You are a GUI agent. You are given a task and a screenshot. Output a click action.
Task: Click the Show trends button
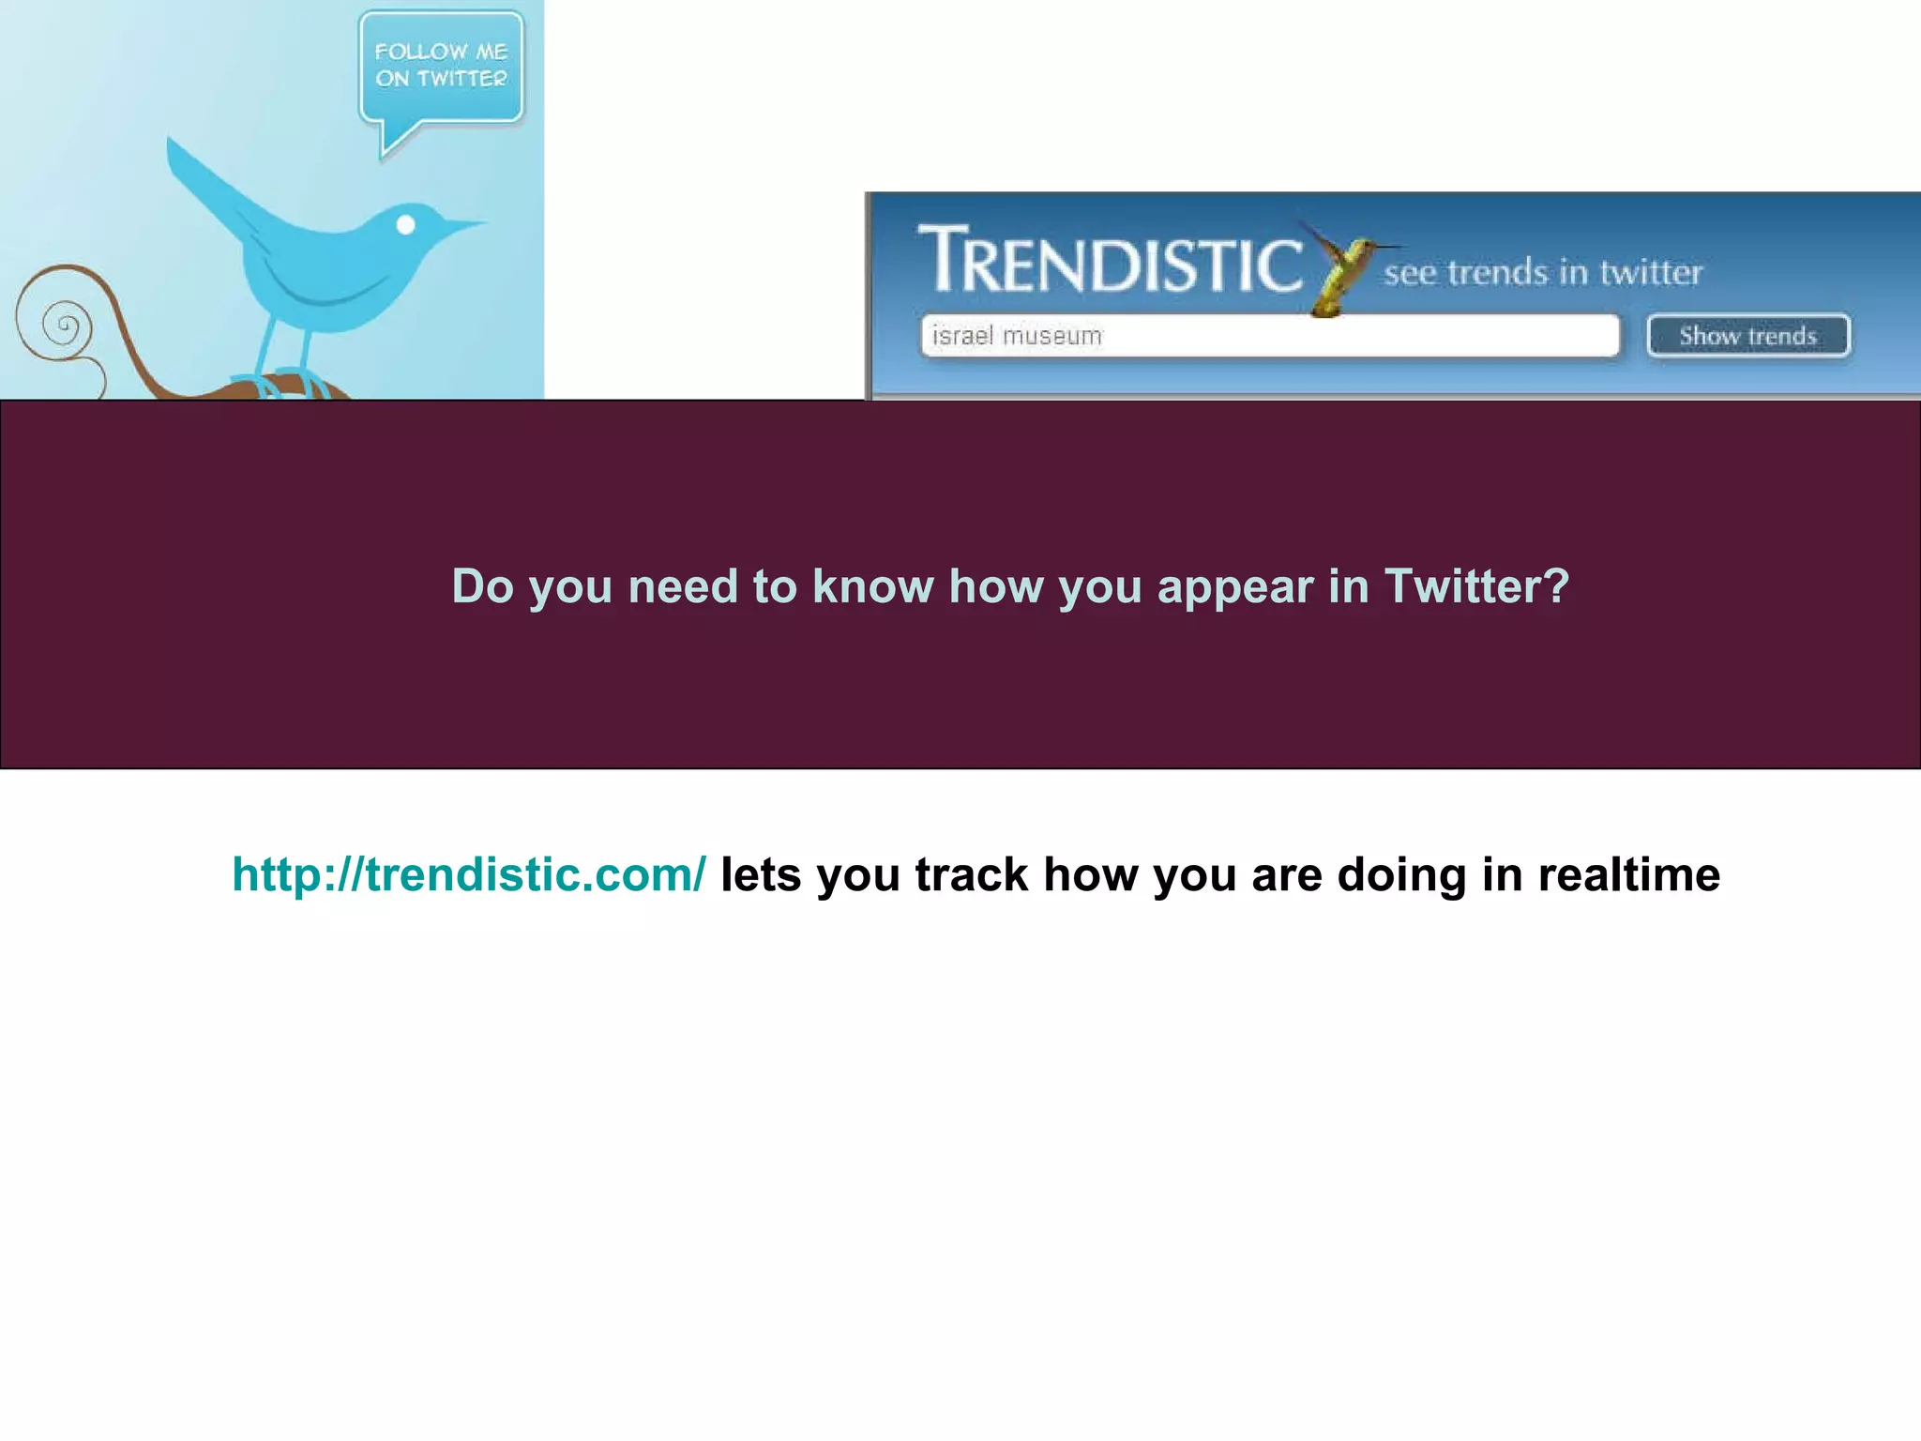1747,336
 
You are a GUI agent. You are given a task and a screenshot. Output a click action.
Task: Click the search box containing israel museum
1269,336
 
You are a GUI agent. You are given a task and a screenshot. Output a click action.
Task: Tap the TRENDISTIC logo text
1110,261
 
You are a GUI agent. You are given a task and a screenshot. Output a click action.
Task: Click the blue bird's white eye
406,224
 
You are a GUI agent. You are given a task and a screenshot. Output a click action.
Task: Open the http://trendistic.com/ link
469,874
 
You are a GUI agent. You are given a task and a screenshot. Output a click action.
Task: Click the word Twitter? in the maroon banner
1476,586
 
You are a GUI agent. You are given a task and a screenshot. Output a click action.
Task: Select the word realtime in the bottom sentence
1628,874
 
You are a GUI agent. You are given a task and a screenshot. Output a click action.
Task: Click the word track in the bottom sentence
971,874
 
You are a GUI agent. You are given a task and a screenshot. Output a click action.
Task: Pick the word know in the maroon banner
872,586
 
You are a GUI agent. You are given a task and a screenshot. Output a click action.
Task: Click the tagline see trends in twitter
1543,273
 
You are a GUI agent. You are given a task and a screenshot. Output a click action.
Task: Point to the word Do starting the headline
482,586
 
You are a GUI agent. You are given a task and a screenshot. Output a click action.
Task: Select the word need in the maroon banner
683,586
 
